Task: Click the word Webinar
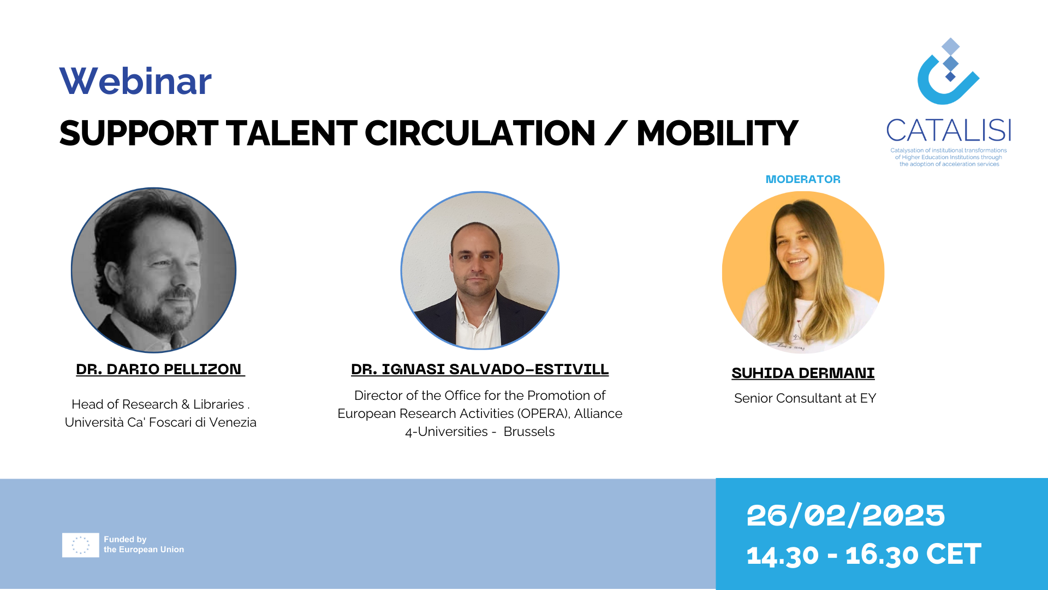coord(135,81)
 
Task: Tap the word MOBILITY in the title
coord(717,133)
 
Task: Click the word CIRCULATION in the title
coord(480,133)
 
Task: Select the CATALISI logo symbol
coord(949,71)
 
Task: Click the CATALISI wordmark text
coord(949,130)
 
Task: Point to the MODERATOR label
coord(803,179)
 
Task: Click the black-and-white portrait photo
coord(154,270)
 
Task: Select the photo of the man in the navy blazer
coord(480,270)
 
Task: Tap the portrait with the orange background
coord(803,272)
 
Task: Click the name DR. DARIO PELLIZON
coord(159,369)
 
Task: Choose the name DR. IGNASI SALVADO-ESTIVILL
coord(480,369)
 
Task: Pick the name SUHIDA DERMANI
coord(803,373)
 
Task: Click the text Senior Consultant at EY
coord(805,398)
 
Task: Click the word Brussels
coord(529,432)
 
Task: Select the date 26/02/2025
coord(845,515)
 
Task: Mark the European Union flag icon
coord(80,545)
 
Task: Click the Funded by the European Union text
coord(144,545)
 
